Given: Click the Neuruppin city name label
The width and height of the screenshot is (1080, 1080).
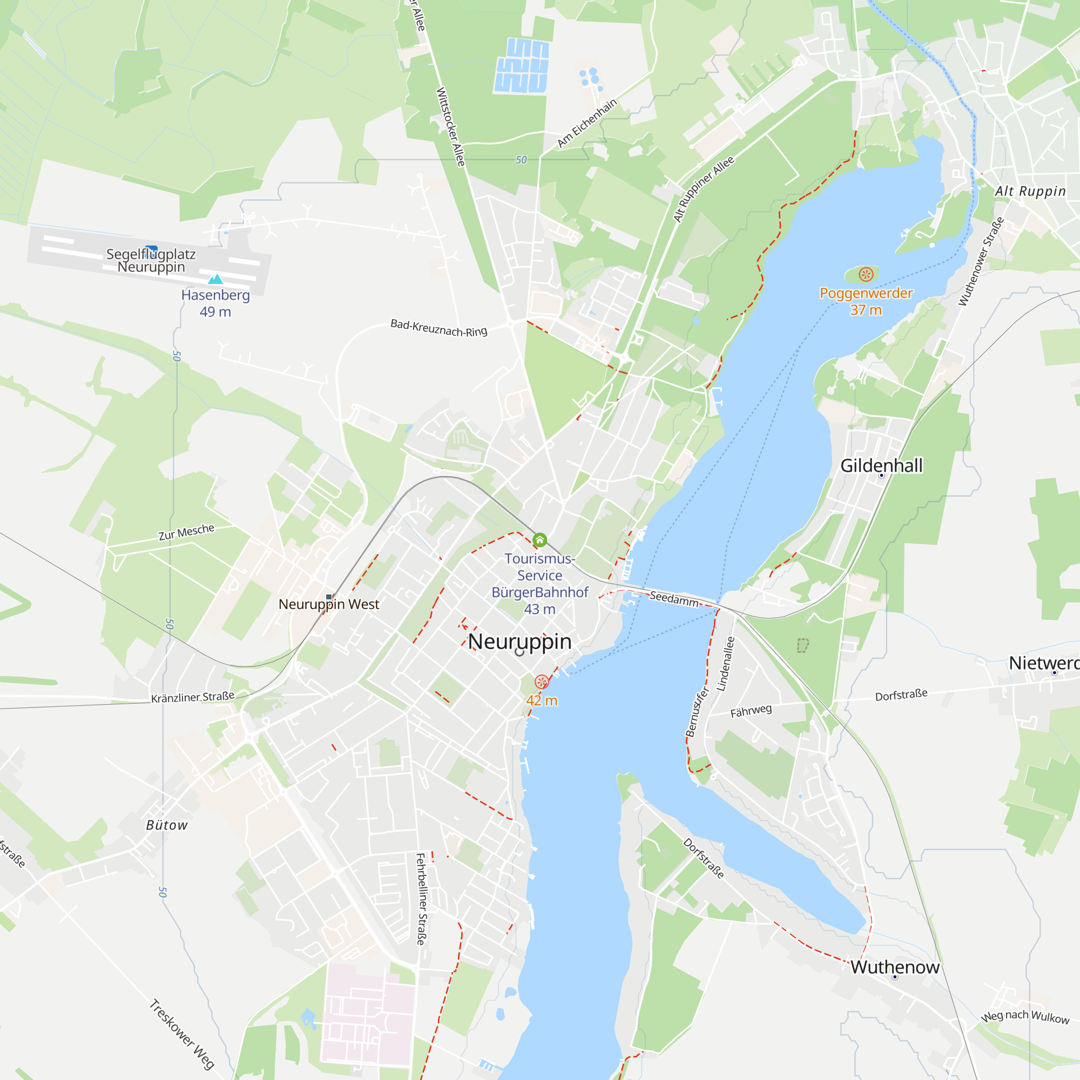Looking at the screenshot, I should point(519,642).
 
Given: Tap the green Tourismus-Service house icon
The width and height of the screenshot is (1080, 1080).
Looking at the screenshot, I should point(539,540).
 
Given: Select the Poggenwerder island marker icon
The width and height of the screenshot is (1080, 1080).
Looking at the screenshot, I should point(866,274).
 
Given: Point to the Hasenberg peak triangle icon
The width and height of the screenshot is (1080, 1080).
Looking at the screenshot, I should point(215,279).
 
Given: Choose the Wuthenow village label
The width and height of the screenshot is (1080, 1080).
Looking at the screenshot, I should point(894,968).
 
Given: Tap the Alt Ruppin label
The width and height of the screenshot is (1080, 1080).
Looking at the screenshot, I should point(1030,191).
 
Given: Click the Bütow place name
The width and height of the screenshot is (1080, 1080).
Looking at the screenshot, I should point(166,825).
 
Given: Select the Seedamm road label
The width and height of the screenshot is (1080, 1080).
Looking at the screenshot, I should point(673,599).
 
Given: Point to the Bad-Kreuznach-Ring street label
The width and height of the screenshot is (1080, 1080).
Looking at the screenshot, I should point(439,328).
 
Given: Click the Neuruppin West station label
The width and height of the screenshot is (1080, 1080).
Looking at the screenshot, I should point(329,604).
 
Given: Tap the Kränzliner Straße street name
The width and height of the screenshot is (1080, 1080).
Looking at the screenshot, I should point(193,697).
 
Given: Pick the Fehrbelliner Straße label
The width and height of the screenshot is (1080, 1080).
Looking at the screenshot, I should point(422,900).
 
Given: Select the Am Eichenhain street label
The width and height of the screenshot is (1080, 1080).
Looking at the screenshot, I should point(587,123).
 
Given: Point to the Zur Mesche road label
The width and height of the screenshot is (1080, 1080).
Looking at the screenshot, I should point(186,532).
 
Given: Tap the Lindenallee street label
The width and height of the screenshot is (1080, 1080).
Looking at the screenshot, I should point(726,664).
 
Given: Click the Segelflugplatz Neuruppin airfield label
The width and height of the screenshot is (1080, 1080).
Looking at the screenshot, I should point(151,260).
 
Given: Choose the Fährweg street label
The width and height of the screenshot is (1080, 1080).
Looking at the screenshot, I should point(751,711).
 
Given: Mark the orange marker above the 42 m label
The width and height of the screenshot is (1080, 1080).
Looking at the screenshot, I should point(541,681).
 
